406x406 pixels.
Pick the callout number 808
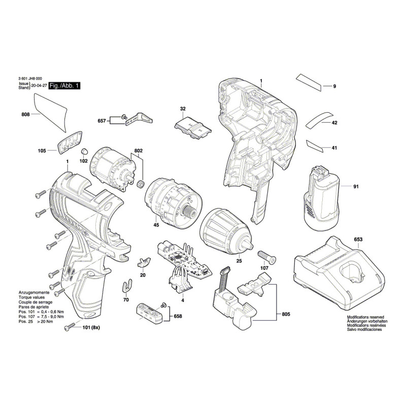pos(26,114)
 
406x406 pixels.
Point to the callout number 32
pos(183,109)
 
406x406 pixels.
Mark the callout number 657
pos(101,121)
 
